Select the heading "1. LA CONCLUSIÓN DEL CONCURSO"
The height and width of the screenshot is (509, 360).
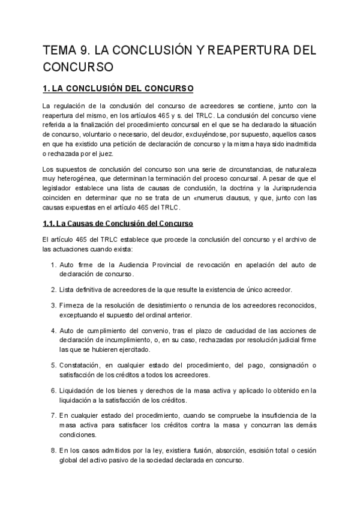point(118,89)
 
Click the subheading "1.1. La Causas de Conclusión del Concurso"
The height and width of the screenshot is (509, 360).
point(118,224)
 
